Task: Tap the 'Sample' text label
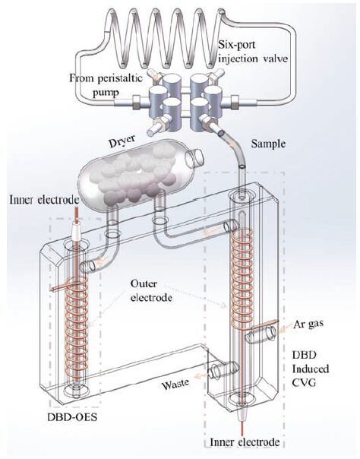pyautogui.click(x=268, y=144)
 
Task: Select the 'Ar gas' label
pyautogui.click(x=308, y=324)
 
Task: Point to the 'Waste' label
pyautogui.click(x=175, y=384)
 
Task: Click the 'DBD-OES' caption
pyautogui.click(x=72, y=417)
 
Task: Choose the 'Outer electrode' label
pyautogui.click(x=151, y=291)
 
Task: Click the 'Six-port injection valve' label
pyautogui.click(x=253, y=52)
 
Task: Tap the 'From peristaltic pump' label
pyautogui.click(x=106, y=85)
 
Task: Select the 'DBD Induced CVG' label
pyautogui.click(x=311, y=369)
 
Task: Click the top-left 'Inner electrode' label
pyautogui.click(x=44, y=200)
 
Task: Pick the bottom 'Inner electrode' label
pyautogui.click(x=245, y=442)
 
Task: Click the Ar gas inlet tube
pyautogui.click(x=261, y=334)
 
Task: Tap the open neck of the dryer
pyautogui.click(x=194, y=157)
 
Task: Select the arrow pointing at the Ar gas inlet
pyautogui.click(x=285, y=328)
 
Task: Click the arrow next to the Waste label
pyautogui.click(x=201, y=375)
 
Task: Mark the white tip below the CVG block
pyautogui.click(x=243, y=413)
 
